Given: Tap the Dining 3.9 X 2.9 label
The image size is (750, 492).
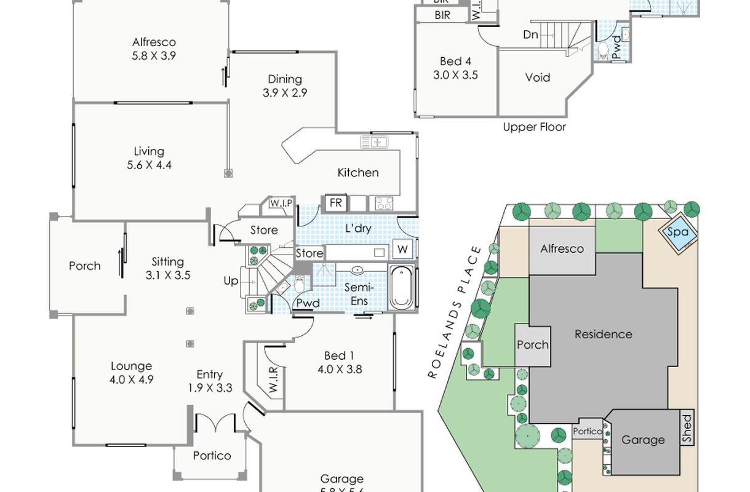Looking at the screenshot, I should point(285,85).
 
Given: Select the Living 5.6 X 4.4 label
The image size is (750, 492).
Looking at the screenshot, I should point(149,158).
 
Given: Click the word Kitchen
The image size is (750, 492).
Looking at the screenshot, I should point(357,173).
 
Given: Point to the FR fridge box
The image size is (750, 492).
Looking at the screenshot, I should point(335,202).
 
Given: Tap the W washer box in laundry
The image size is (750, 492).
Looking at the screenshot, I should point(403,250).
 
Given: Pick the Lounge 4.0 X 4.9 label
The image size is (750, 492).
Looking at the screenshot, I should point(132,373).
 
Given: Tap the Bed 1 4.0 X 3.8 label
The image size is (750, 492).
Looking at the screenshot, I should point(340,362).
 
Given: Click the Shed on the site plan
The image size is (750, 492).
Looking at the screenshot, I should point(687,429).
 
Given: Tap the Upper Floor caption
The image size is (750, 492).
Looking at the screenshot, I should point(534,127).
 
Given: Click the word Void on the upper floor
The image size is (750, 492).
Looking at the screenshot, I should point(537,78).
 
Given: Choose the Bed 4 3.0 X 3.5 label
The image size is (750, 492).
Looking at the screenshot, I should point(455,68).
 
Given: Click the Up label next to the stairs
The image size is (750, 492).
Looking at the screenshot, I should point(231,280).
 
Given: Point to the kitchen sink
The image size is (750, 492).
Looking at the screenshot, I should point(375,143).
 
